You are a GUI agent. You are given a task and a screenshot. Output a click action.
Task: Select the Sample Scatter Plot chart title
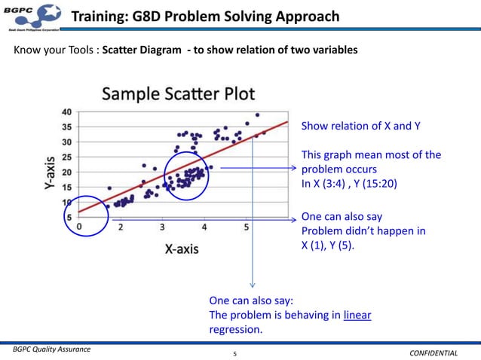[x=178, y=94]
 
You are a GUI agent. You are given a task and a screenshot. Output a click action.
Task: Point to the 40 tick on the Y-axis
[x=67, y=112]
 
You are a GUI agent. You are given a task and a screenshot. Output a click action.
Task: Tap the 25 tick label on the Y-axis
[x=67, y=157]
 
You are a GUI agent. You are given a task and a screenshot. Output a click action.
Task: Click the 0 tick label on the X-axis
[x=79, y=225]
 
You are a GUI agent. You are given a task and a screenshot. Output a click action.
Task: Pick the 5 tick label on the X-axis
[x=246, y=226]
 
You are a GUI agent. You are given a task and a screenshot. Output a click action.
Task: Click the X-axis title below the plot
[x=182, y=249]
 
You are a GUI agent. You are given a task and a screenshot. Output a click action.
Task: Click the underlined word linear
[x=357, y=315]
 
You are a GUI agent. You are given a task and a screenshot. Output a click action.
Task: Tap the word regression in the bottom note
[x=235, y=330]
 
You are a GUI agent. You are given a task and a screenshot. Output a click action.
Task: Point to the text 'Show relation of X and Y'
[x=360, y=126]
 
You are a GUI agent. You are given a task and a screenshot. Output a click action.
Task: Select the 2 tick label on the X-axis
[x=121, y=226]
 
